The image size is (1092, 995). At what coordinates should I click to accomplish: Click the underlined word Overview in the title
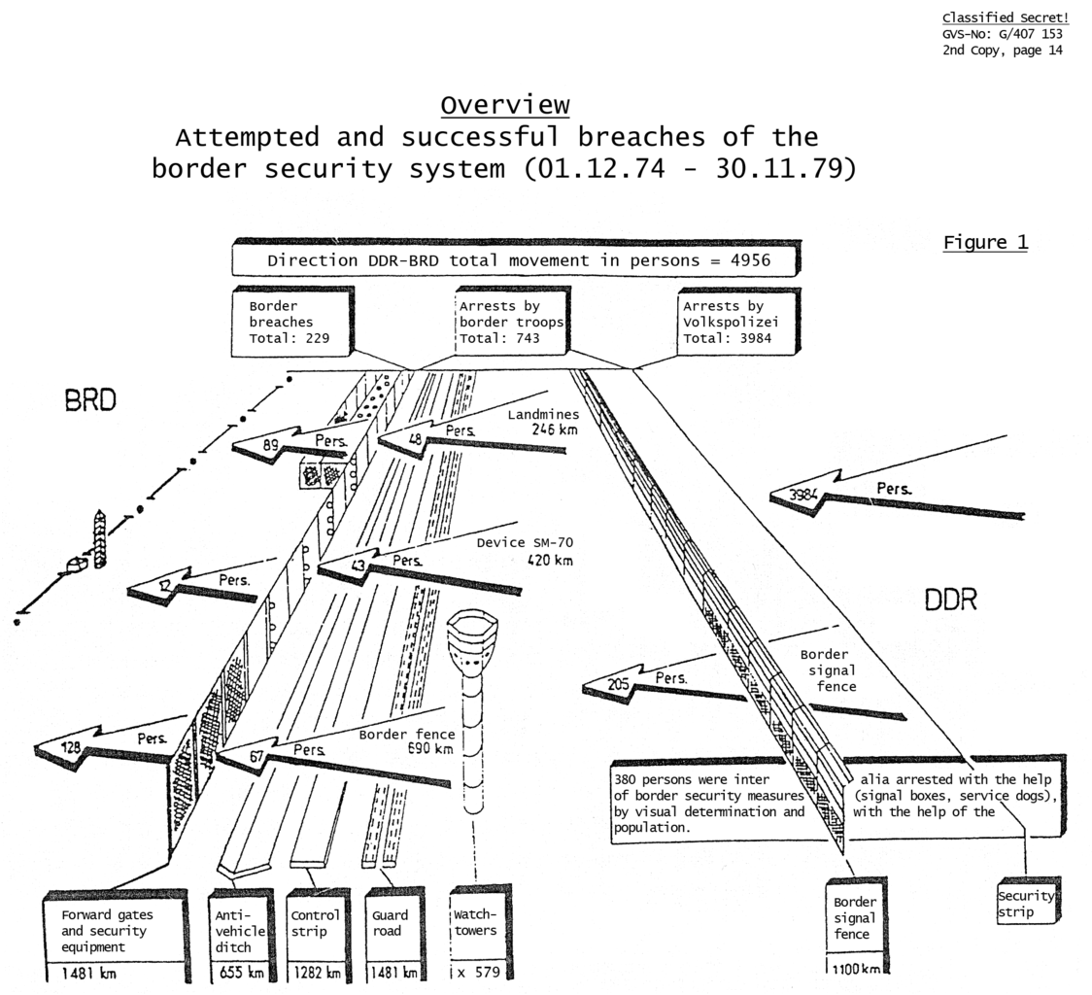point(504,105)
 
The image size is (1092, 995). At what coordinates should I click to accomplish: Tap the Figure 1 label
point(985,243)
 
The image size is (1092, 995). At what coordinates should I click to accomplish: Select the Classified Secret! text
point(1005,18)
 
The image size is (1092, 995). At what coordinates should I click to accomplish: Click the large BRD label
point(90,400)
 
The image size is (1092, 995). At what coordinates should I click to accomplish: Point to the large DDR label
point(949,600)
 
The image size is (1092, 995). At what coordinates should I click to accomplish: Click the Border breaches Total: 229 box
point(290,322)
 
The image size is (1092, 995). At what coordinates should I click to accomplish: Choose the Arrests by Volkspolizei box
point(735,322)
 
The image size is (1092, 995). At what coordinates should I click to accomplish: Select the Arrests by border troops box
point(511,322)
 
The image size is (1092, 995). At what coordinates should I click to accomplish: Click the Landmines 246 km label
point(543,422)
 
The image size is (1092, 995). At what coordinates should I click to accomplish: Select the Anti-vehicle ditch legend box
point(240,931)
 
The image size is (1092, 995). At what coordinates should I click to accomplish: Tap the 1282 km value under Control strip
point(316,972)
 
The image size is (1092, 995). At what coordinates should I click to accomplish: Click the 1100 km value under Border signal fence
point(855,968)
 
